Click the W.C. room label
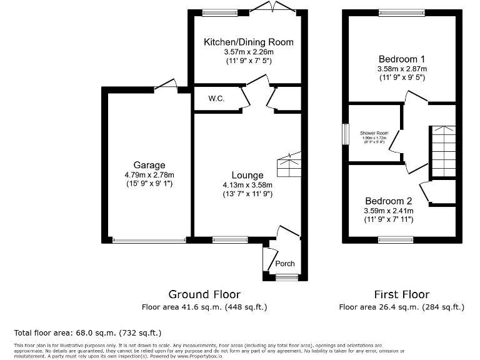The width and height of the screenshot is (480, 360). click(x=216, y=99)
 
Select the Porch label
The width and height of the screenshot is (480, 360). click(x=285, y=263)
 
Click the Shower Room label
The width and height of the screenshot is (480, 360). click(x=374, y=133)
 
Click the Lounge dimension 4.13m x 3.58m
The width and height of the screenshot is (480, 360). click(x=248, y=184)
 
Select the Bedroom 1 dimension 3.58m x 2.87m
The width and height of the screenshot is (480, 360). click(x=401, y=69)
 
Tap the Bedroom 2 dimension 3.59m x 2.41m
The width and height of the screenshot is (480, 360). click(x=388, y=211)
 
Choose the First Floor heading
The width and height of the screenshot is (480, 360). click(x=402, y=294)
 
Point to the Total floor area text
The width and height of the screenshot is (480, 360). click(x=87, y=332)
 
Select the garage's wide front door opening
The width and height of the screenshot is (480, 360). click(x=149, y=240)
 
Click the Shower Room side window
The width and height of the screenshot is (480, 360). click(x=344, y=134)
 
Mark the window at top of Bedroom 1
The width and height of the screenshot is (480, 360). click(x=401, y=12)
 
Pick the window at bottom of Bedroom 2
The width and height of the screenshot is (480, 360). click(x=395, y=239)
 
